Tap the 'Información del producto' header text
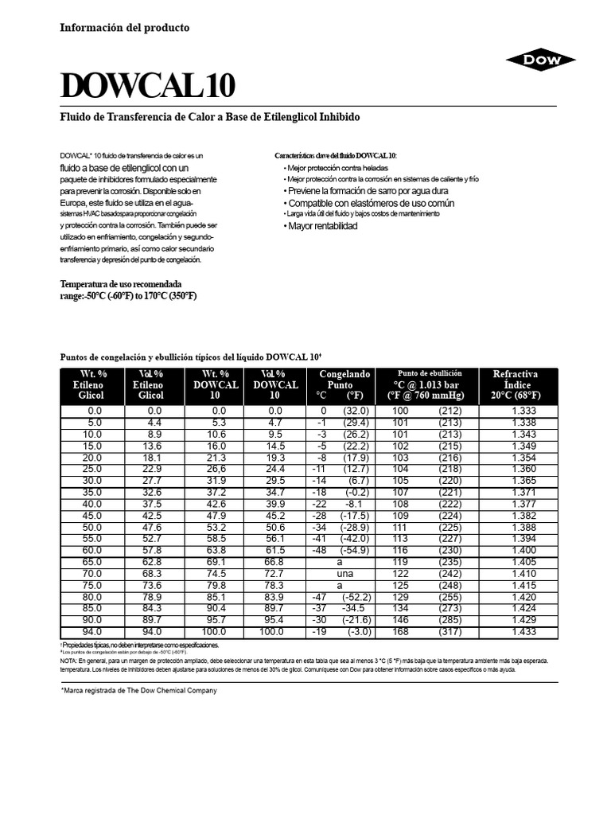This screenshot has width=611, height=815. coord(125,28)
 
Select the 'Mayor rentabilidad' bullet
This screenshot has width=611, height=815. coord(320,226)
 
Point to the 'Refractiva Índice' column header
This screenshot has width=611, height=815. coord(516,384)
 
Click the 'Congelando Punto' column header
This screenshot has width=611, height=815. coord(344,384)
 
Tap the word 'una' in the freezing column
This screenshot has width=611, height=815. coord(344,573)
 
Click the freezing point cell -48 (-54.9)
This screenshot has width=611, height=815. coord(344,550)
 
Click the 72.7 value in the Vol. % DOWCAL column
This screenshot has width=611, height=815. coord(274,573)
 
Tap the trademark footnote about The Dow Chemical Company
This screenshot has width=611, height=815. coord(139,691)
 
